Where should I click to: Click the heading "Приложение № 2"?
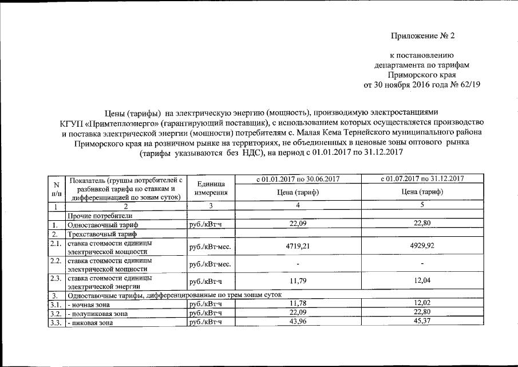pyautogui.click(x=421, y=37)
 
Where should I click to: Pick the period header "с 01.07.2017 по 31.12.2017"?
pyautogui.click(x=422, y=179)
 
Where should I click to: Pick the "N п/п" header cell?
pyautogui.click(x=56, y=188)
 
